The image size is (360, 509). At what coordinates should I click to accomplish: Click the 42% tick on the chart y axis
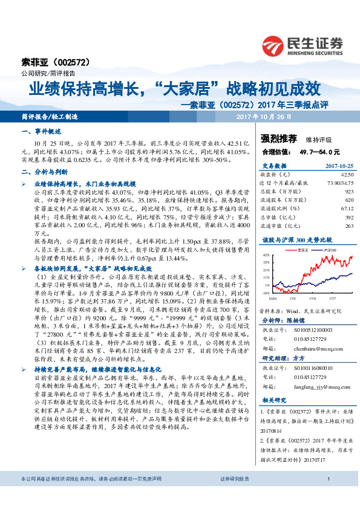point(266,255)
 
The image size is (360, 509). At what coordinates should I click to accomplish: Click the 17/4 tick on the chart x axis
point(313,297)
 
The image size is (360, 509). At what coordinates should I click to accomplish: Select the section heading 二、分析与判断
point(45,172)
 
